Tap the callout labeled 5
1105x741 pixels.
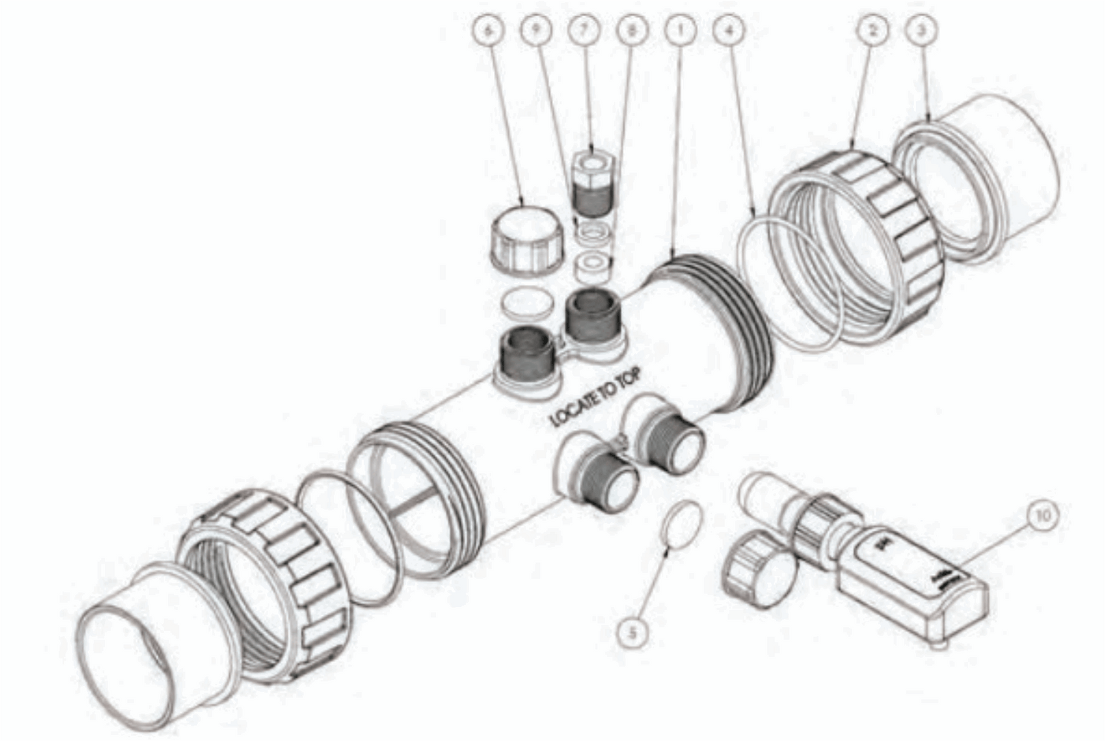point(633,632)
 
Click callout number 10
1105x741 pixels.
point(1043,515)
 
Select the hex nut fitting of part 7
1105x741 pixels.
point(593,163)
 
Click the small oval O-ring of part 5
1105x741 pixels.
point(680,523)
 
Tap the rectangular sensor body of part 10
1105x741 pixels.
point(910,581)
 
